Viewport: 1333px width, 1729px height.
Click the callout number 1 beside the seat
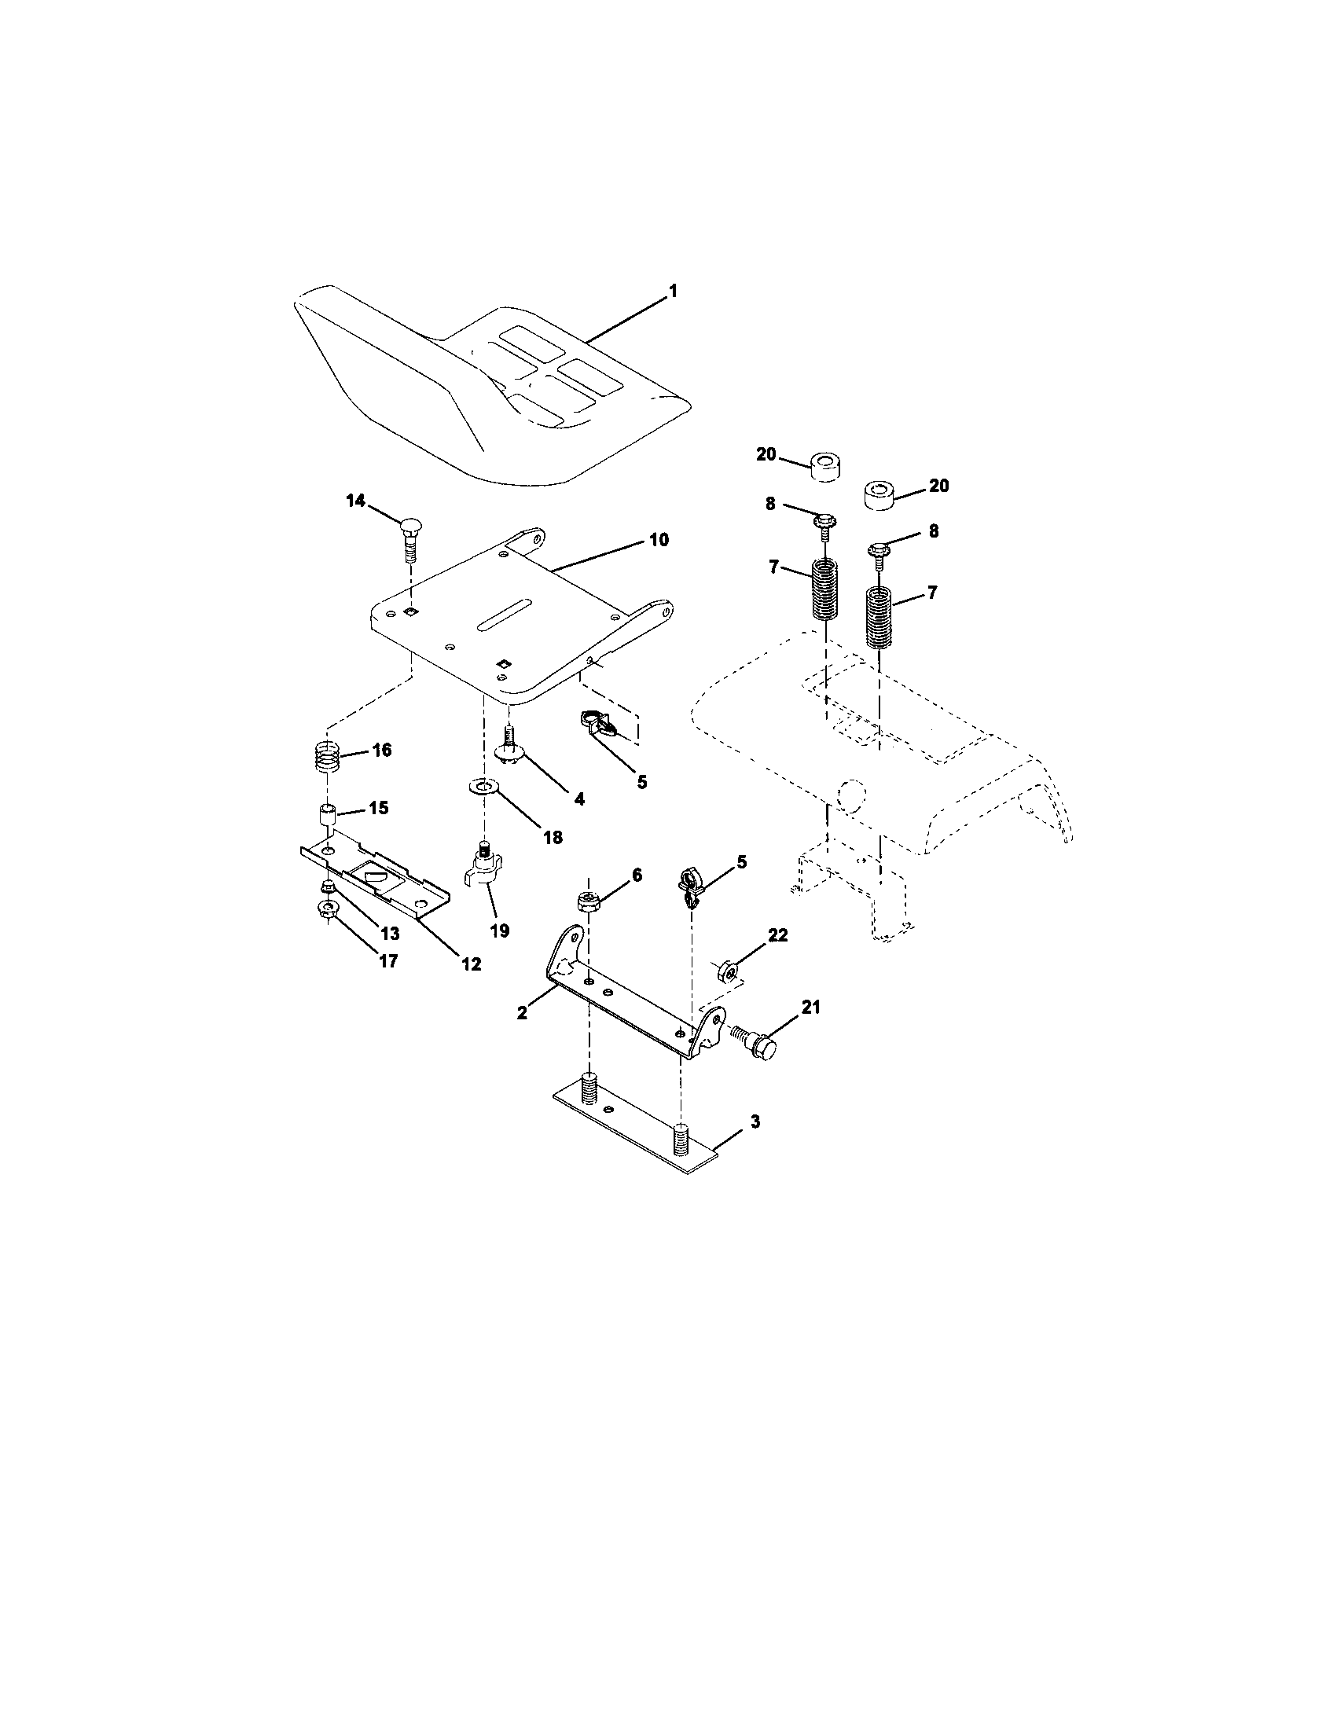tap(673, 292)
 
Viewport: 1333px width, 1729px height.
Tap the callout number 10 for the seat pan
tap(659, 540)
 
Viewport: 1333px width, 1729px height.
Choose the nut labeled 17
tap(326, 909)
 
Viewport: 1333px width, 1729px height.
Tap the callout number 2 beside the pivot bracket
tap(522, 1012)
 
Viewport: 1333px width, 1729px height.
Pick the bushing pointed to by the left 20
tap(824, 465)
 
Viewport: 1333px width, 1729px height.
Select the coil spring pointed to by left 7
tap(825, 589)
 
